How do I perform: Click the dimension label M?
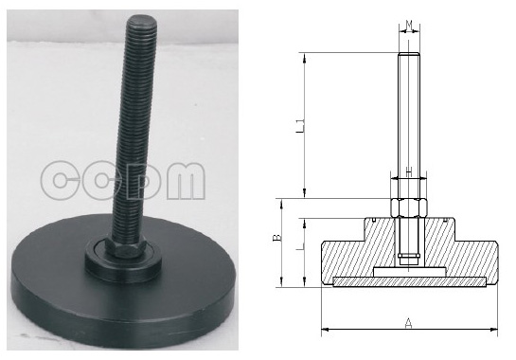(409, 25)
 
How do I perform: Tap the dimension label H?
(409, 171)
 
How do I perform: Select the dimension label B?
(278, 238)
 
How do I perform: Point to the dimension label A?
(408, 323)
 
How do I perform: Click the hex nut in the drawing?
(409, 207)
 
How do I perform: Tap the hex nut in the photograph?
(125, 247)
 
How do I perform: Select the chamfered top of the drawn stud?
(409, 53)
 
